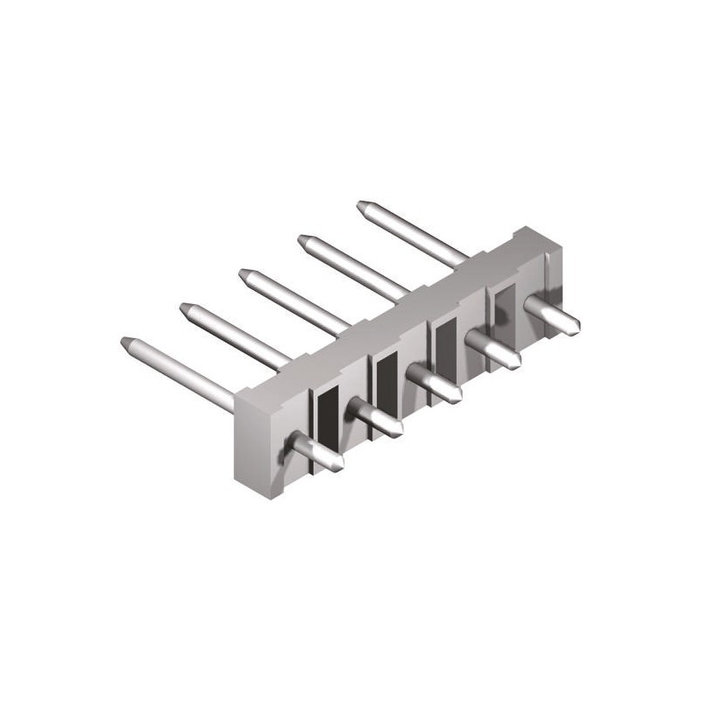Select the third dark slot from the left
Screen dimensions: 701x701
(445, 344)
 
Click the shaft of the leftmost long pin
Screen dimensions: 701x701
(184, 372)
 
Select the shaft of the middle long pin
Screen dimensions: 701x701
(298, 302)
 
